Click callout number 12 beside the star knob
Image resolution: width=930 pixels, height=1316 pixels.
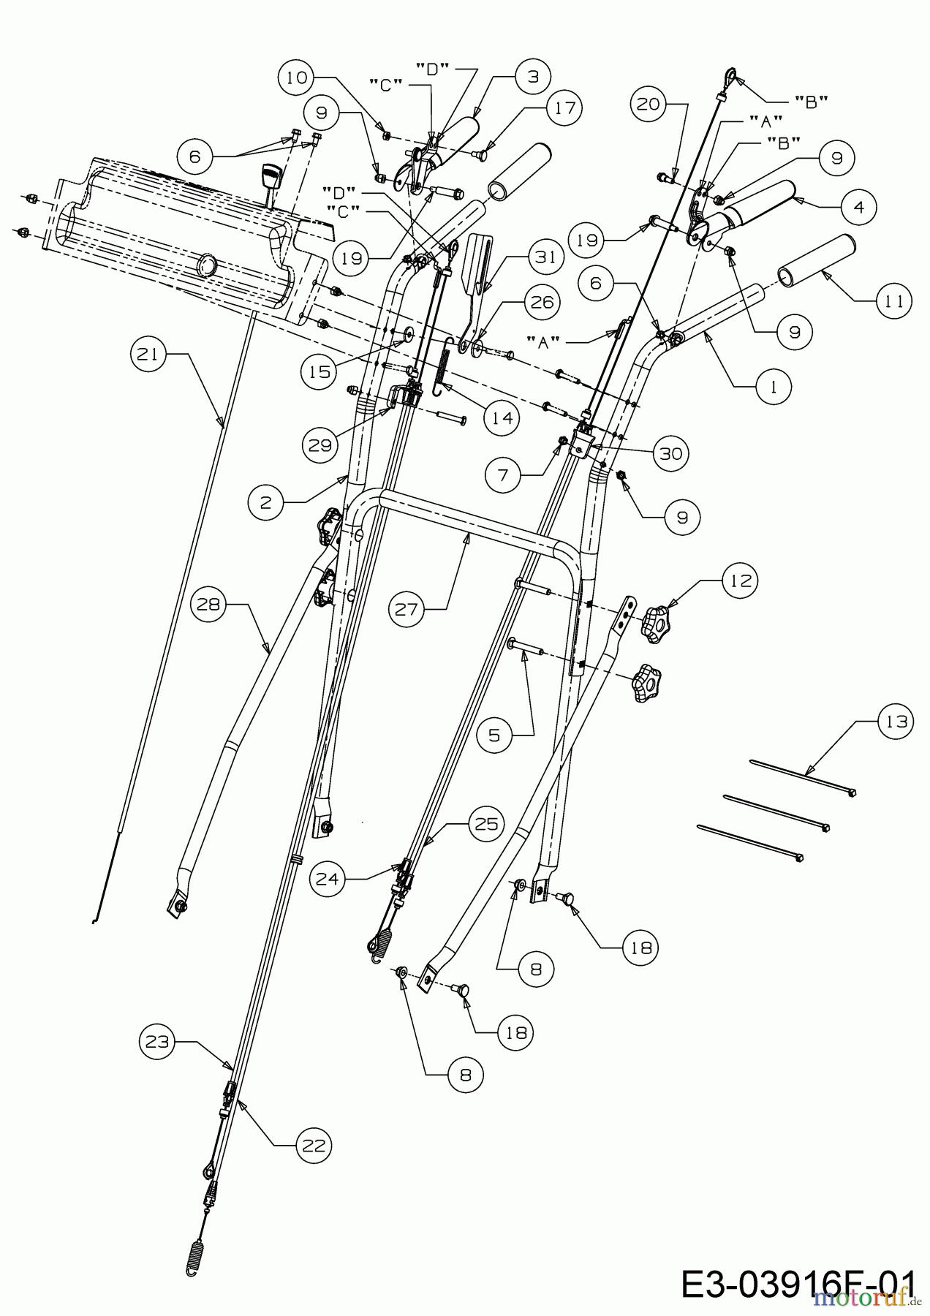740,580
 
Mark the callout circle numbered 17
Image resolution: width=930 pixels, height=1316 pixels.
563,108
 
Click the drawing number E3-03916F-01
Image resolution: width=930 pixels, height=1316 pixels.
797,1285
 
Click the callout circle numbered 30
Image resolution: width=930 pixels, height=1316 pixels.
670,454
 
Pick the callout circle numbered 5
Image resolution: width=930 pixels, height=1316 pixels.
494,735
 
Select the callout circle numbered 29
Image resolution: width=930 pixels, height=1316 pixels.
320,445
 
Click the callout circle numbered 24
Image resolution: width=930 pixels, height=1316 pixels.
328,880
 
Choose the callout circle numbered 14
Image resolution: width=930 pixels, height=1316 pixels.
501,418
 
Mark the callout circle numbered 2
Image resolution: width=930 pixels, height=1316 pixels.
265,502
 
